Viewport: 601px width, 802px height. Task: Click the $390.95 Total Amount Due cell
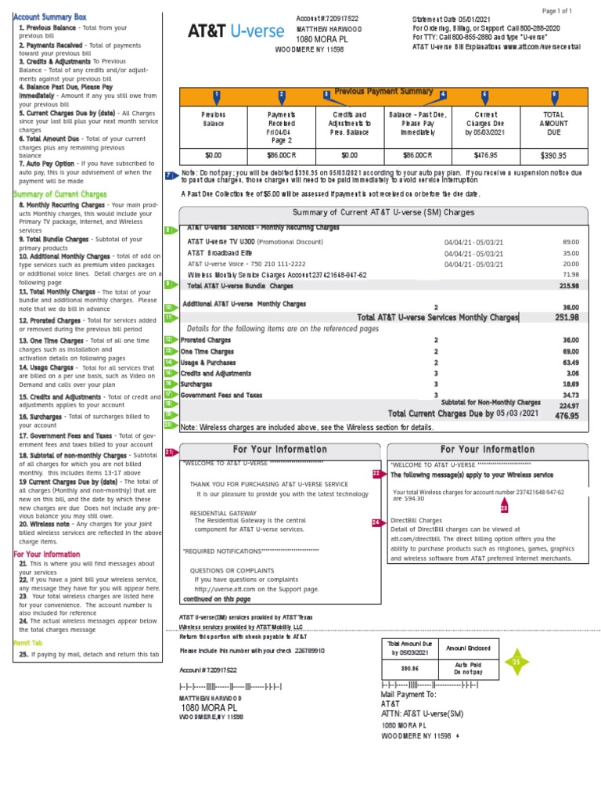pos(553,155)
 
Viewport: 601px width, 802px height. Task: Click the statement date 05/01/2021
pos(467,18)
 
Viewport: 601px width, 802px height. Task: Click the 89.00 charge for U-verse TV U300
pos(570,242)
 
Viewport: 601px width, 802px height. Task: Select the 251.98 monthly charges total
pos(566,317)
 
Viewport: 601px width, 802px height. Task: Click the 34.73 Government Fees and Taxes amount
pos(570,396)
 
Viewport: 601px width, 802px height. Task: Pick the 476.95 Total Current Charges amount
pos(567,415)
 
